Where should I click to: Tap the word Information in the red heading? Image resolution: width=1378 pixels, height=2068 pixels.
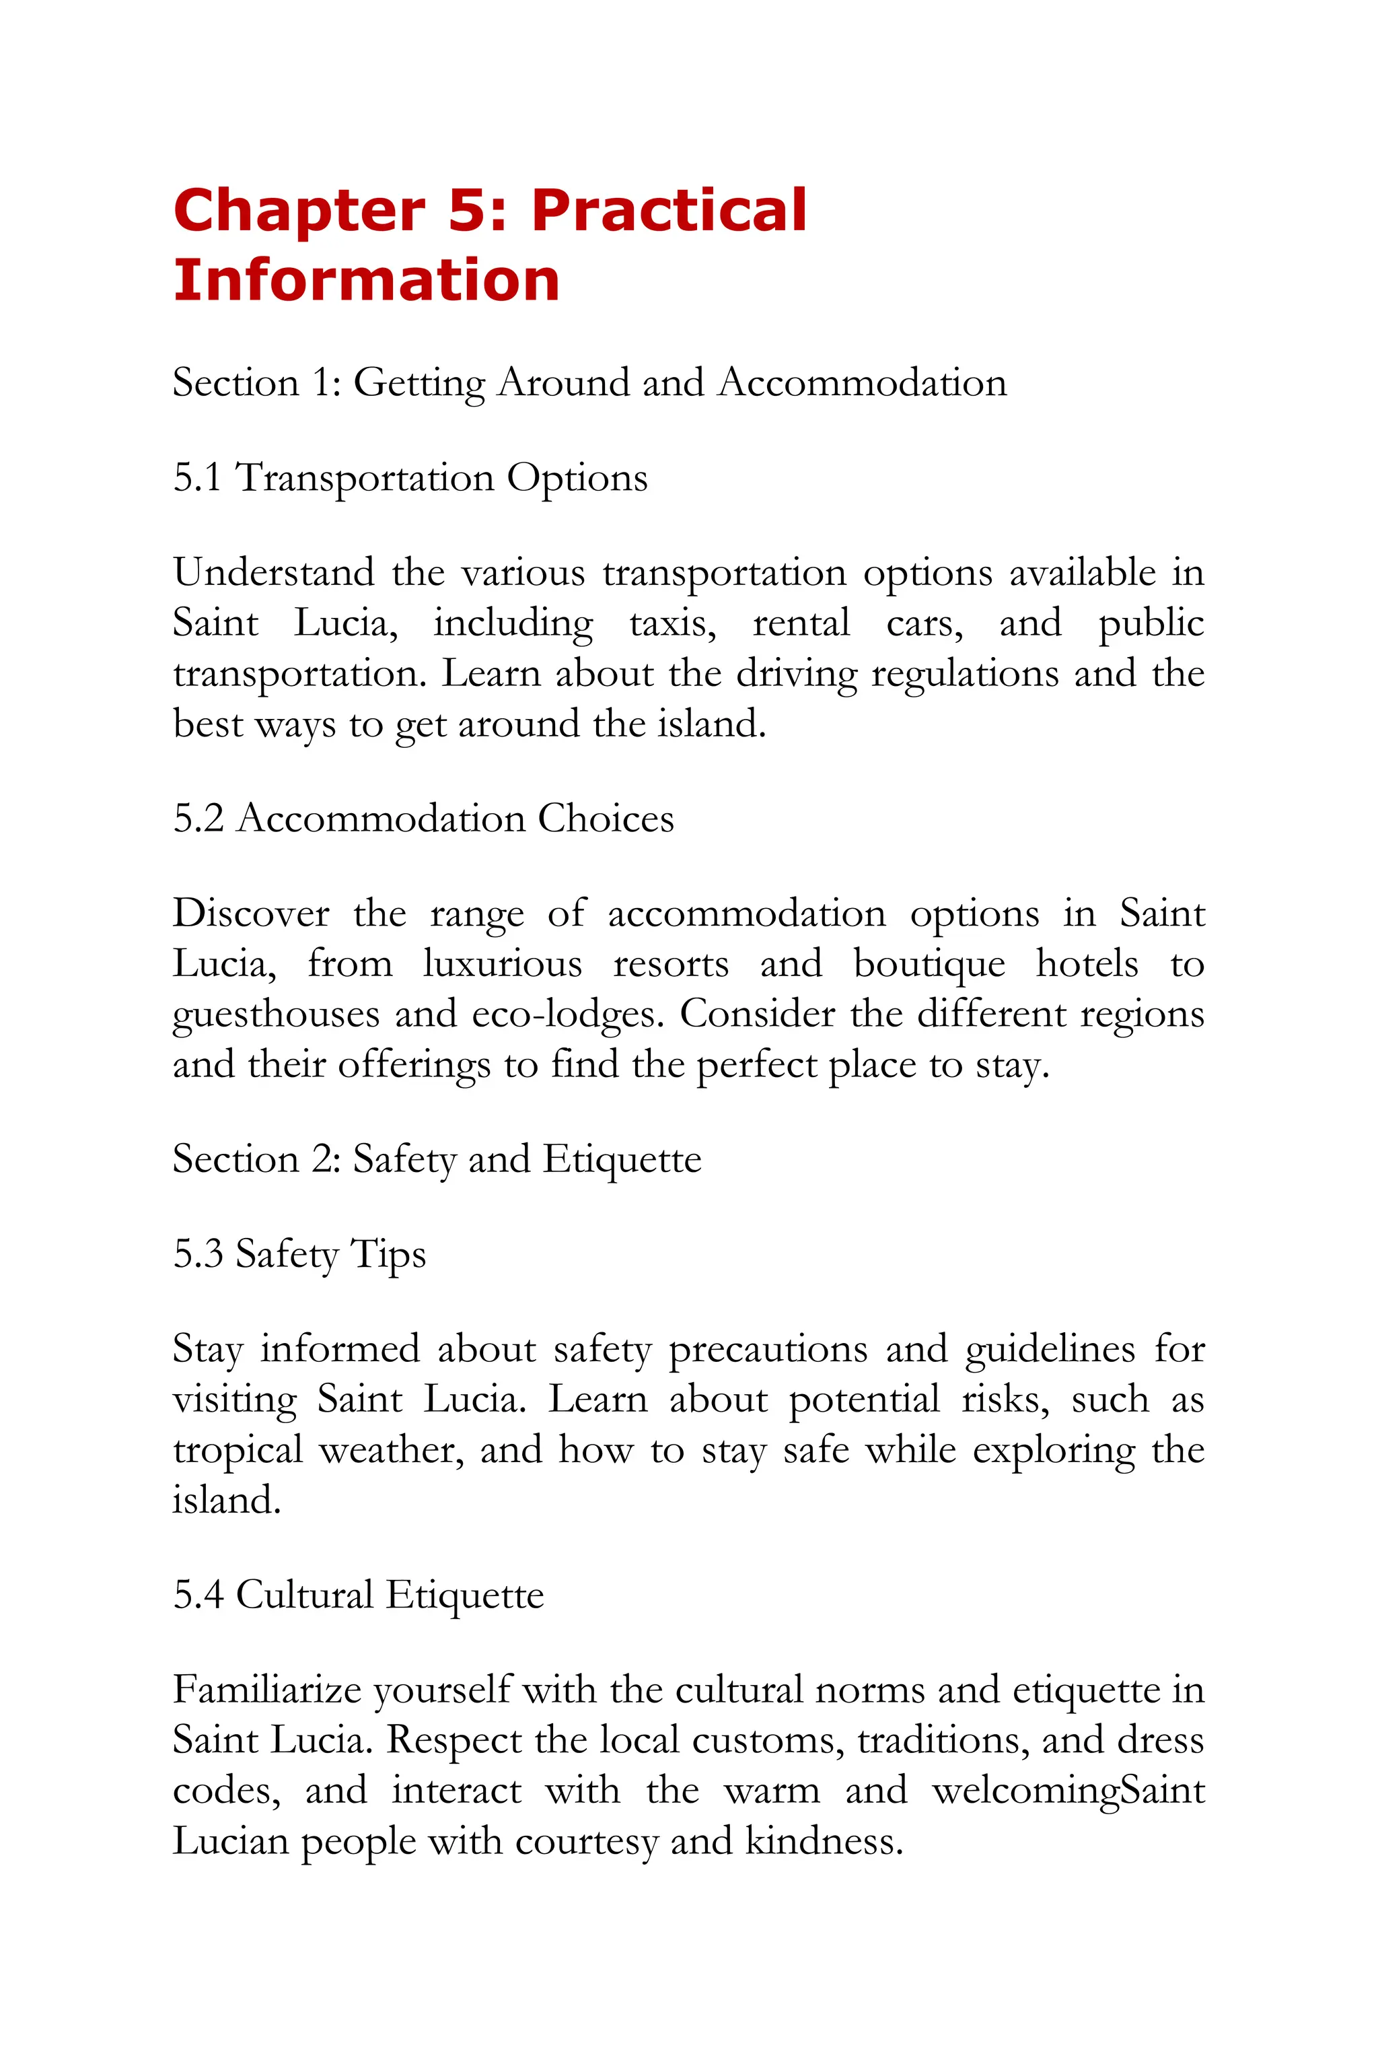pyautogui.click(x=367, y=281)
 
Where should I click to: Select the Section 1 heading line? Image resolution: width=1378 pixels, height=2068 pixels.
pyautogui.click(x=589, y=383)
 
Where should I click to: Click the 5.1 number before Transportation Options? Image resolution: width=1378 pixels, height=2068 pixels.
pyautogui.click(x=197, y=479)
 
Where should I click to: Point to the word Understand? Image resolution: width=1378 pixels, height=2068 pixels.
pyautogui.click(x=273, y=572)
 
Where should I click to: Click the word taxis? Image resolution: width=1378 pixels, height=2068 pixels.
pyautogui.click(x=672, y=623)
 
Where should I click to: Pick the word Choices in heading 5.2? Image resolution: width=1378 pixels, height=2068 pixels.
pyautogui.click(x=606, y=819)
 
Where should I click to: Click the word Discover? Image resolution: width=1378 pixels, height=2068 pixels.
pyautogui.click(x=250, y=914)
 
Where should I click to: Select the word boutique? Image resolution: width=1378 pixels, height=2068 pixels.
pyautogui.click(x=929, y=965)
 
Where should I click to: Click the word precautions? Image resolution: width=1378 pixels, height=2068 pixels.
pyautogui.click(x=767, y=1350)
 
